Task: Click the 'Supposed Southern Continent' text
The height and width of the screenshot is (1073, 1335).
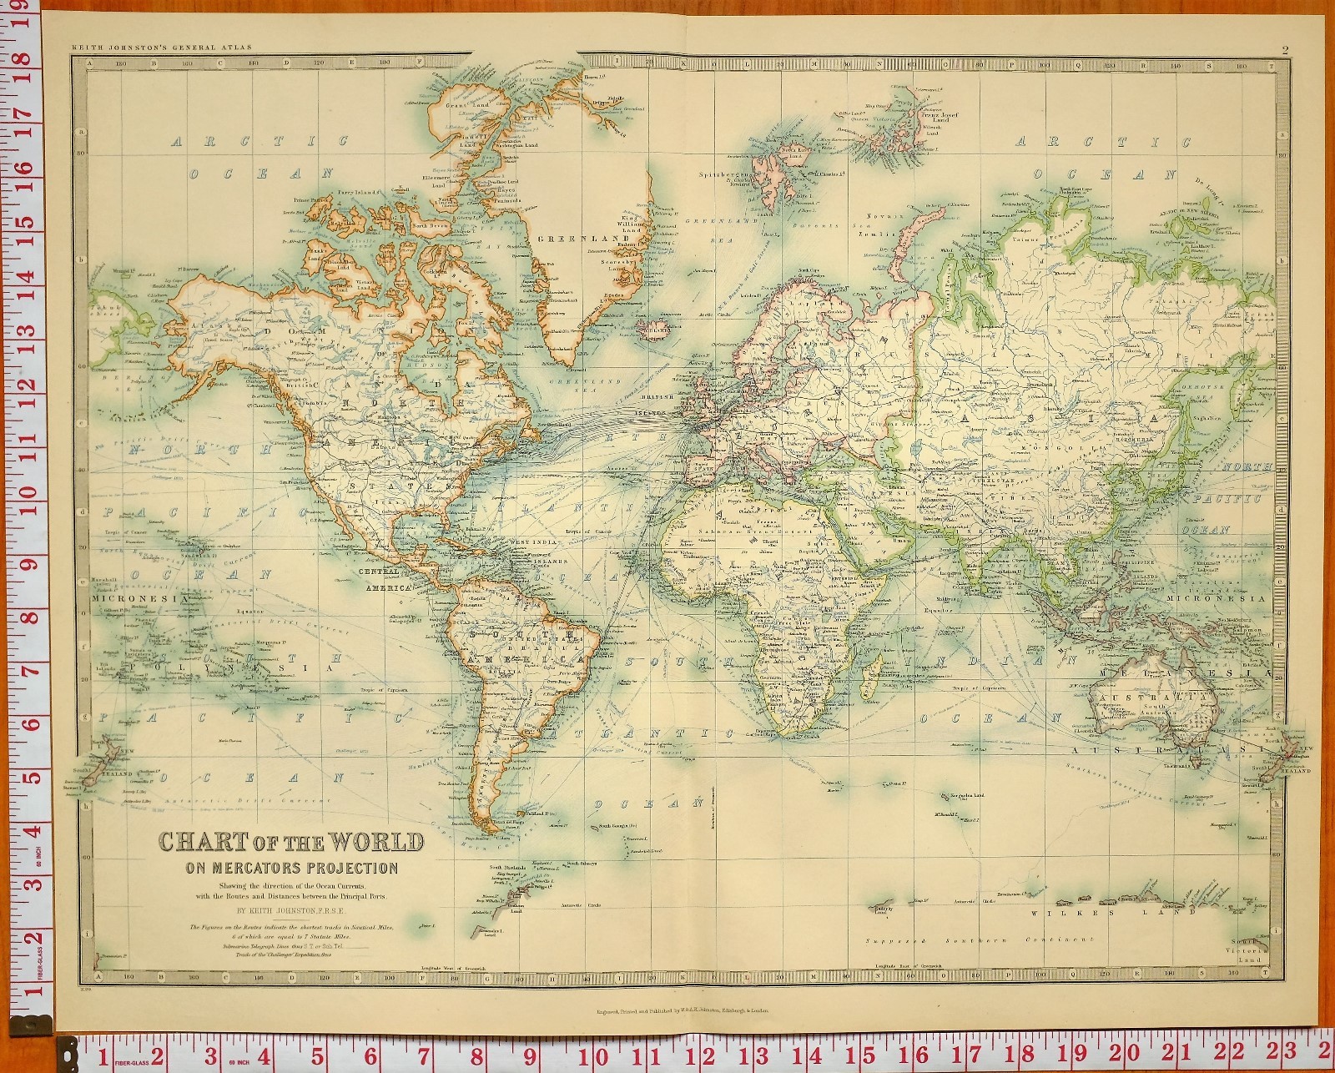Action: [x=979, y=940]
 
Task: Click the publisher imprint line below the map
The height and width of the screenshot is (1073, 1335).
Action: [x=682, y=1009]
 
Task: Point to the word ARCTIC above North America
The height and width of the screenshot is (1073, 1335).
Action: [x=259, y=142]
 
